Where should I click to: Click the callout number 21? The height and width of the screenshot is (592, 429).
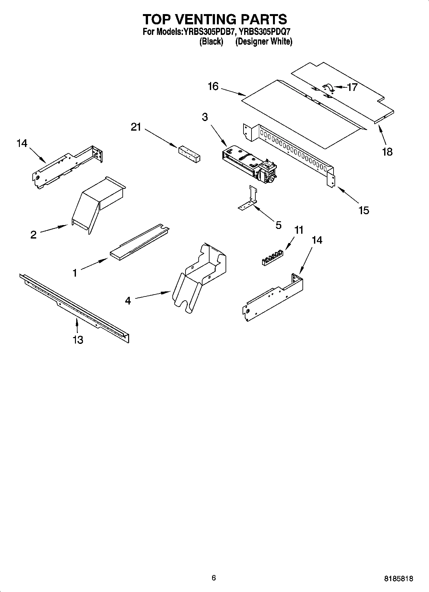tap(136, 127)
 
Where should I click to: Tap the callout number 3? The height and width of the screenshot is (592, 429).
tap(205, 117)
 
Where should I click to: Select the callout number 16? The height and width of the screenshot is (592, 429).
tap(213, 86)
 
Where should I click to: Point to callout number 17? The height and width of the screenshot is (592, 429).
tap(352, 87)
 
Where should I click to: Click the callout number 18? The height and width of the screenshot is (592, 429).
tap(387, 151)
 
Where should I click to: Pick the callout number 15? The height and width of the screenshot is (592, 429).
tap(364, 210)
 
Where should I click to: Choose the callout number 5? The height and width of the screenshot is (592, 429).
tap(278, 225)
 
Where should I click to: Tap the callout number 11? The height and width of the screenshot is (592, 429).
tap(299, 230)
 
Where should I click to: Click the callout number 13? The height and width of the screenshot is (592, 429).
tap(78, 339)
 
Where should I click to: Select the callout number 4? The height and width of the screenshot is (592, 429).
tap(128, 301)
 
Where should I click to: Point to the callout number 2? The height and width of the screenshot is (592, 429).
tap(34, 235)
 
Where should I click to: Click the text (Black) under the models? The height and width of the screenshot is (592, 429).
tap(211, 41)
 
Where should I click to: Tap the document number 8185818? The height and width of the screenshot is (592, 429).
tap(398, 579)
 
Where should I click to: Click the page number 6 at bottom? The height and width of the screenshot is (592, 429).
tap(214, 577)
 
